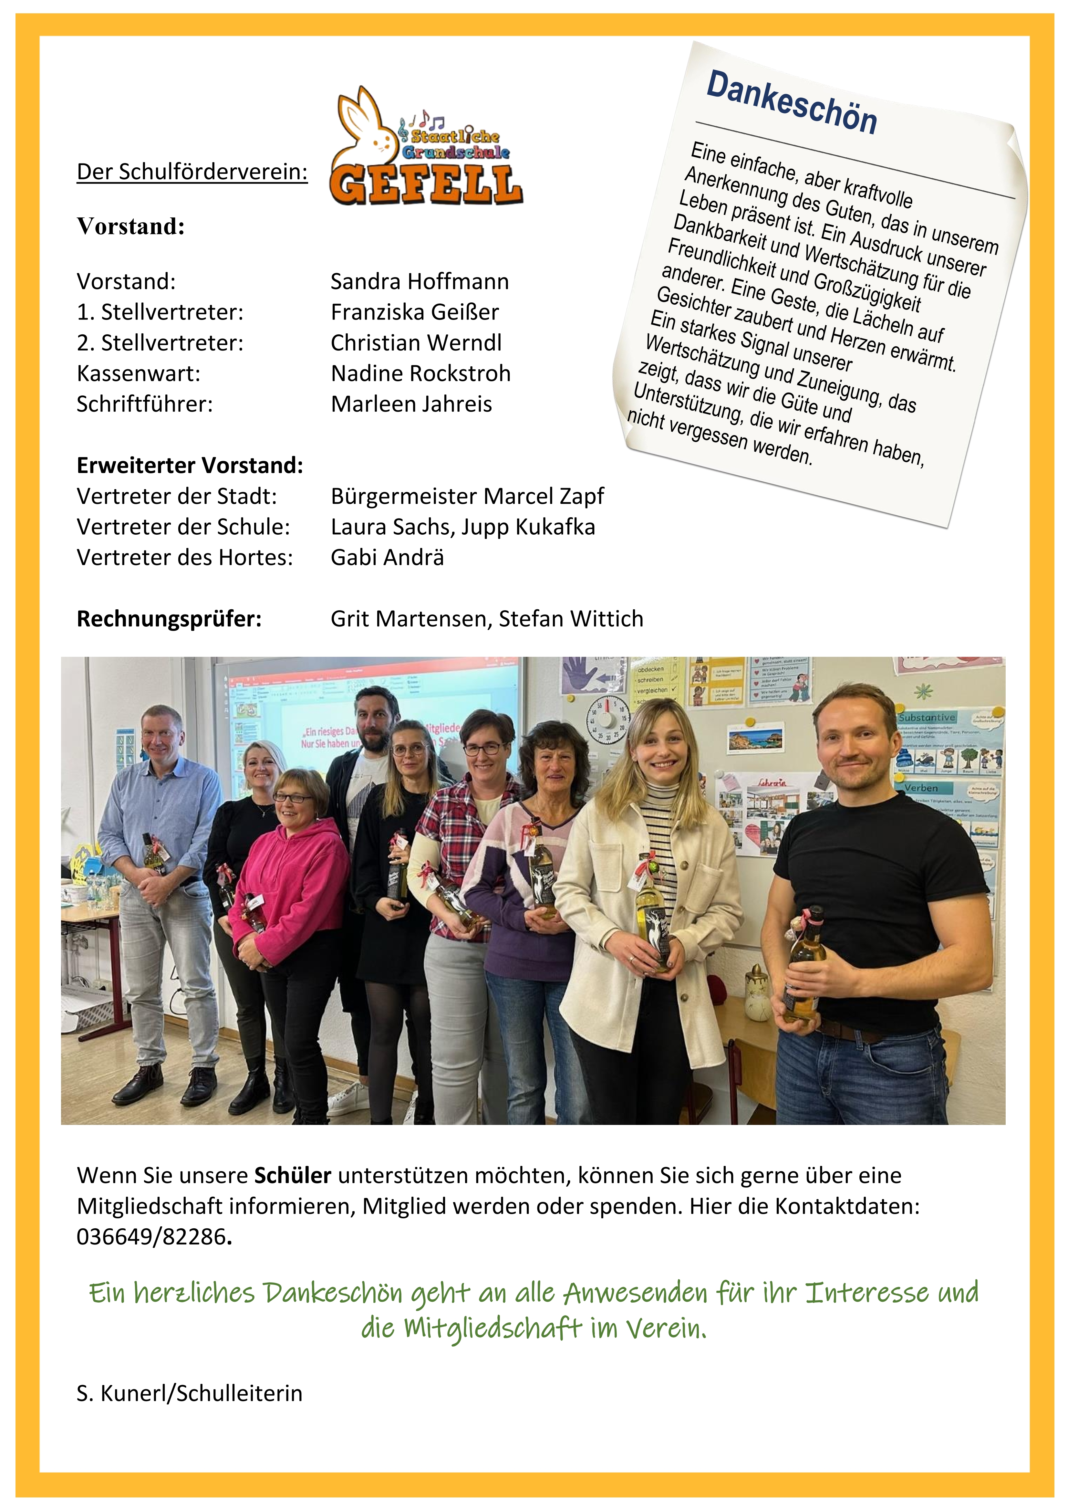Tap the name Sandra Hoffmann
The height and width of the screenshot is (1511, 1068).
(x=419, y=282)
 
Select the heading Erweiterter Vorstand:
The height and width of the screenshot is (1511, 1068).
(x=190, y=465)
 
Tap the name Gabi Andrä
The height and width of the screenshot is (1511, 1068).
(x=387, y=557)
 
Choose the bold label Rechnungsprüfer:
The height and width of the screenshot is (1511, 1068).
(x=169, y=619)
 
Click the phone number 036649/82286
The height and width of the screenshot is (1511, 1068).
(x=151, y=1237)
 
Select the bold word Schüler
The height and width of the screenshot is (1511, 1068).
(x=292, y=1175)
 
